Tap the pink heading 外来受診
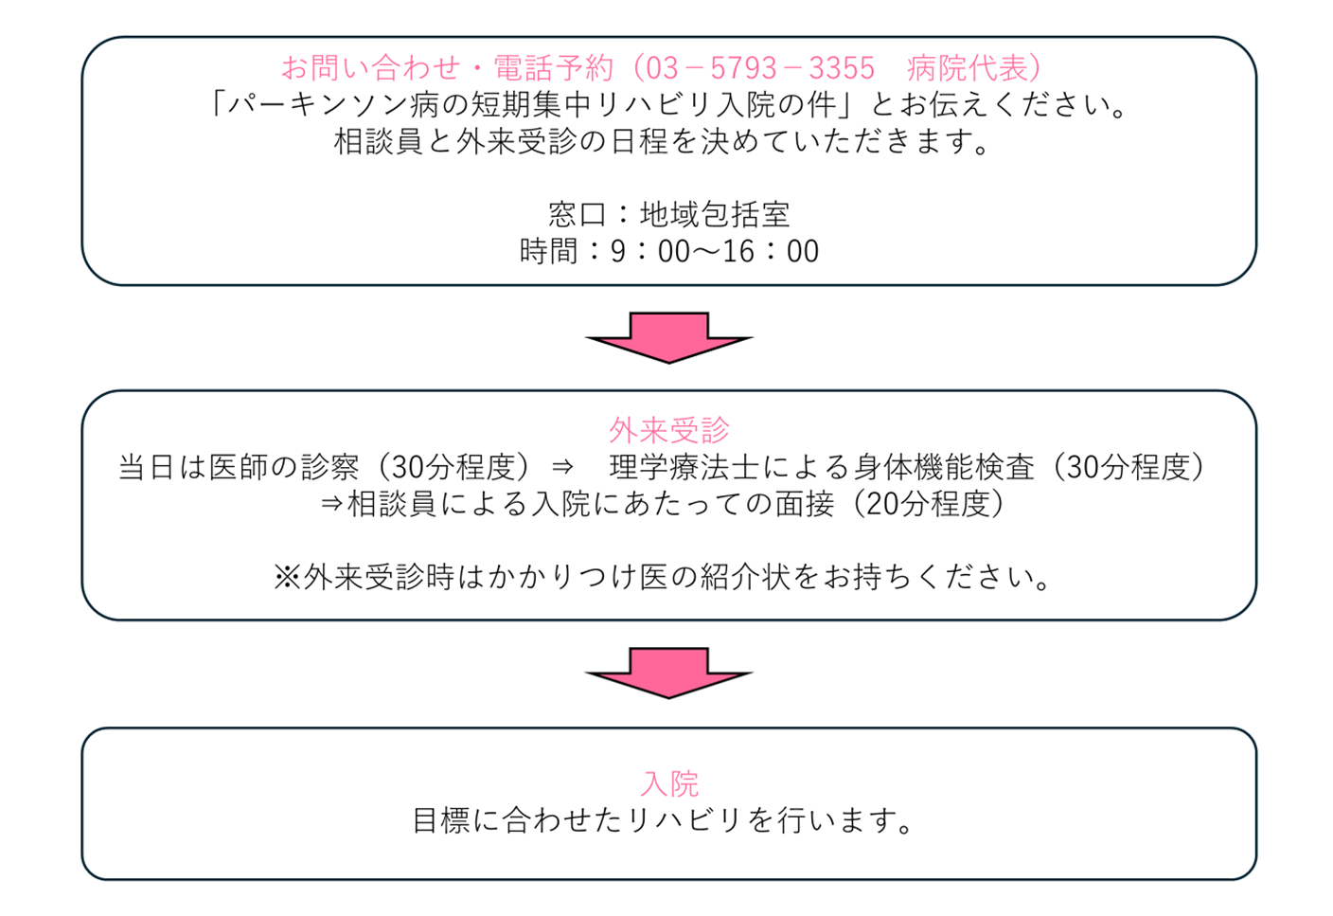pyautogui.click(x=668, y=431)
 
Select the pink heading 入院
pyautogui.click(x=668, y=783)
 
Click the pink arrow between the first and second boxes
pyautogui.click(x=668, y=337)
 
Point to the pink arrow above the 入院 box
pyautogui.click(x=668, y=673)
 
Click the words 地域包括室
pyautogui.click(x=715, y=215)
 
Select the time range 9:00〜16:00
pyautogui.click(x=715, y=252)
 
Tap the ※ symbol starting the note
pyautogui.click(x=287, y=577)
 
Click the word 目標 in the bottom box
pyautogui.click(x=441, y=820)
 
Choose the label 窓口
pyautogui.click(x=578, y=215)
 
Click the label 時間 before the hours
pyautogui.click(x=548, y=252)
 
